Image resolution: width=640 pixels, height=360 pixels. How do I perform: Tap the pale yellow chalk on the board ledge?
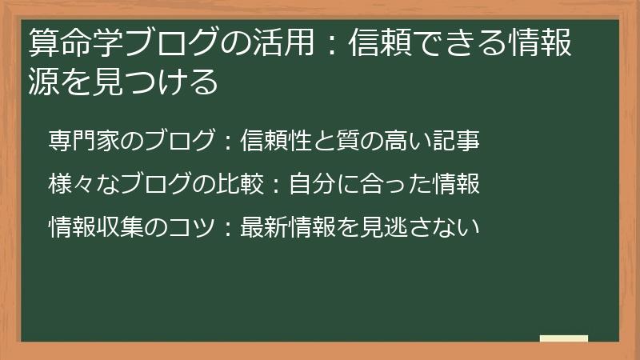pyautogui.click(x=563, y=338)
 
